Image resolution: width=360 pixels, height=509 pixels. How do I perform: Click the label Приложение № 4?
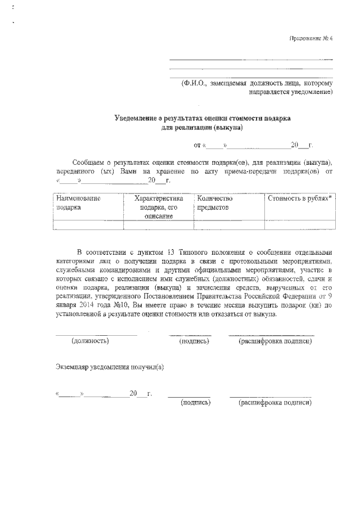point(311,39)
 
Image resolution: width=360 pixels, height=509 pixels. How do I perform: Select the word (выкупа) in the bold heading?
point(227,127)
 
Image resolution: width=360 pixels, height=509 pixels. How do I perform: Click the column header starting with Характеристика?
point(159,207)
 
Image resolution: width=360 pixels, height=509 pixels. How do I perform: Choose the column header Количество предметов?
point(214,202)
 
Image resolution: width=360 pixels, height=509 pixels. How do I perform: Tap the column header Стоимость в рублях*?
point(299,199)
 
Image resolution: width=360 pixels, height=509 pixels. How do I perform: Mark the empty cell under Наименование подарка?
point(87,225)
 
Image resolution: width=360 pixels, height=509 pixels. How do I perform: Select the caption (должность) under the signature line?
point(91,341)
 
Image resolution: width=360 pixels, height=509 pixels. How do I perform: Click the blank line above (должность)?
point(96,335)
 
